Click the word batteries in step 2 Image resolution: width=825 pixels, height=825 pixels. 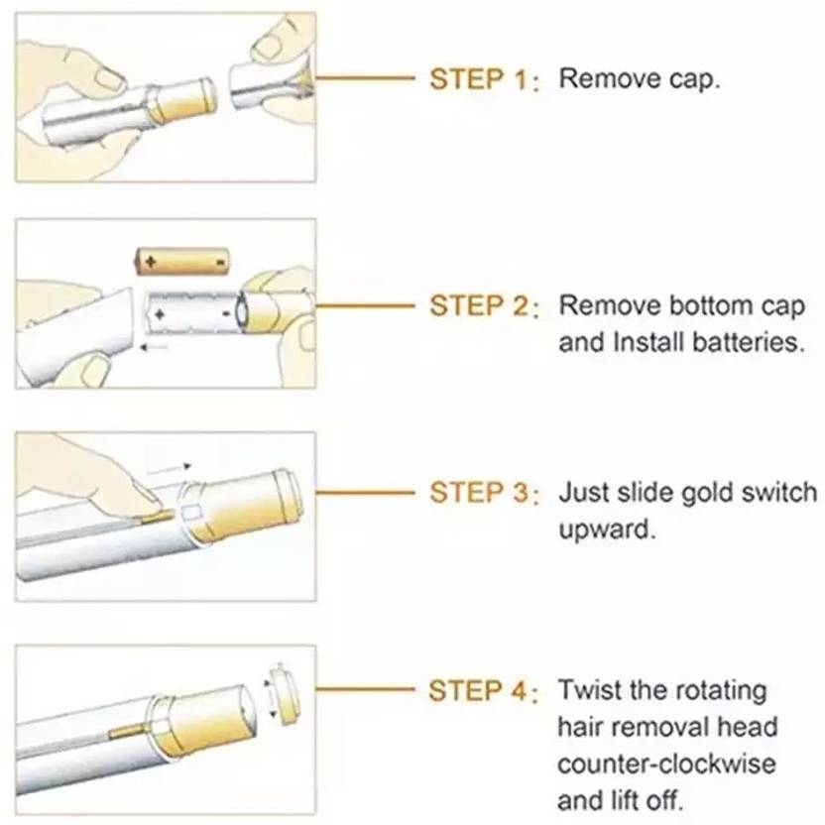[749, 342]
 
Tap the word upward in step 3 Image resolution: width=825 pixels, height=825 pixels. [607, 530]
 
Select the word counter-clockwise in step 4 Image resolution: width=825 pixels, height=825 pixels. [666, 765]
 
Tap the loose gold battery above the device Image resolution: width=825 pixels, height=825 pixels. [182, 262]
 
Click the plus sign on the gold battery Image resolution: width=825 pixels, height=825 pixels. [151, 262]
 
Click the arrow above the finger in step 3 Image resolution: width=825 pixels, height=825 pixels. [169, 469]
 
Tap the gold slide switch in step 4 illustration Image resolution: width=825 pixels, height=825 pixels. [127, 730]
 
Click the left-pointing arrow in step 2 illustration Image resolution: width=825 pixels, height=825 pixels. [153, 347]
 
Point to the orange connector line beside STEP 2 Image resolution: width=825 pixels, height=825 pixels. [365, 305]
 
